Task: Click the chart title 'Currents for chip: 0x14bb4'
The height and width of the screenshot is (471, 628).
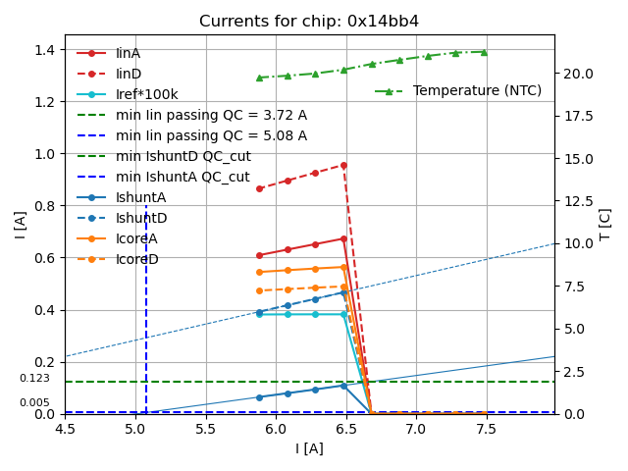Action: tap(309, 22)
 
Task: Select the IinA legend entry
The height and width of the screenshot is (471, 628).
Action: tap(128, 53)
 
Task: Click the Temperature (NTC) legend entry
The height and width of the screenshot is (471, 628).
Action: tap(476, 91)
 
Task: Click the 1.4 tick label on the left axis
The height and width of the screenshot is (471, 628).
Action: tap(45, 49)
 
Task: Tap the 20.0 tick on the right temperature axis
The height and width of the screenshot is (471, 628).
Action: tap(578, 74)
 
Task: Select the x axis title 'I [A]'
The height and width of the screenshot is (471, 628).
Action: tap(309, 448)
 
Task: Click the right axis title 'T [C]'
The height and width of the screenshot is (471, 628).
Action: tap(605, 224)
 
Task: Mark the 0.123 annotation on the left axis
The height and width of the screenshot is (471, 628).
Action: tap(34, 379)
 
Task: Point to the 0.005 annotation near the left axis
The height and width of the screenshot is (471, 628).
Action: tap(34, 403)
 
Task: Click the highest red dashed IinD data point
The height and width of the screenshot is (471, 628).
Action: tap(343, 165)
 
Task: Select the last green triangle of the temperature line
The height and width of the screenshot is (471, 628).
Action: tap(484, 52)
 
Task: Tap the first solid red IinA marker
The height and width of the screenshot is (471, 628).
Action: tap(259, 255)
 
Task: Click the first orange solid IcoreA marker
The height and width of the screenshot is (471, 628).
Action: tap(259, 272)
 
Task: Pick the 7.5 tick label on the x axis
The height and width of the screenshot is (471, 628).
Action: tap(486, 429)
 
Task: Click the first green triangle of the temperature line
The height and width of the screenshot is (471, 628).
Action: tap(259, 78)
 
